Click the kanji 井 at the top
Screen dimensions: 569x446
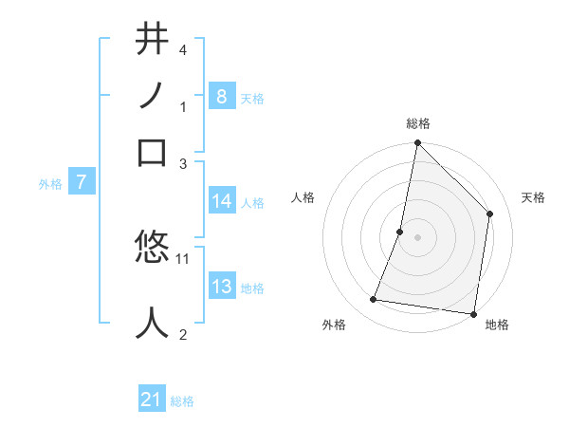click(x=153, y=40)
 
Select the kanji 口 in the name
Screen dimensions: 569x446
click(x=153, y=153)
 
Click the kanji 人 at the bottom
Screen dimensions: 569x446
click(x=153, y=323)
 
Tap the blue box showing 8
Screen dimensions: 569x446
click(x=221, y=96)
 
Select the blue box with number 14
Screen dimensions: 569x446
click(x=222, y=201)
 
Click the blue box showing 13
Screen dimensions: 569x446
click(x=222, y=288)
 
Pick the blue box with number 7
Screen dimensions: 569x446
click(x=82, y=182)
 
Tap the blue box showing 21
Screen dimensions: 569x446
click(x=152, y=400)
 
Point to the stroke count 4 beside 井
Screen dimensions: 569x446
click(x=183, y=48)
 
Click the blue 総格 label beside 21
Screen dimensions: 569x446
click(x=182, y=401)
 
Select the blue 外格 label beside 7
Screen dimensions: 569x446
click(x=49, y=184)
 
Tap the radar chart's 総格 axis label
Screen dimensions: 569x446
click(x=417, y=124)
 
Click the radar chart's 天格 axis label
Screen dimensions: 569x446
click(x=533, y=197)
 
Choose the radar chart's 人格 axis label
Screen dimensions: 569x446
click(x=303, y=197)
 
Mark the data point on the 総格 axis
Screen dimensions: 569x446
click(x=417, y=144)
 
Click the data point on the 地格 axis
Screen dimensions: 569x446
click(x=473, y=313)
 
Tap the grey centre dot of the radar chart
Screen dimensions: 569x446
click(x=417, y=237)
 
